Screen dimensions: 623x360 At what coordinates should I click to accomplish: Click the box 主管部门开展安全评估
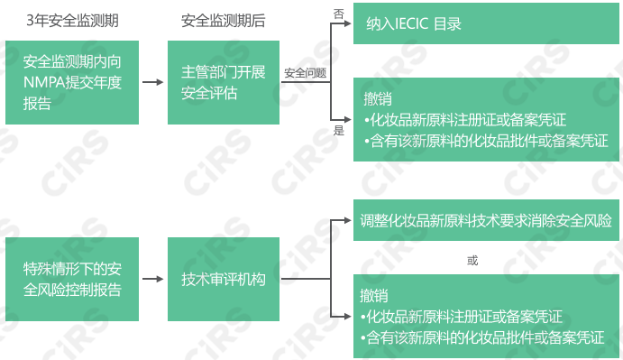pos(223,82)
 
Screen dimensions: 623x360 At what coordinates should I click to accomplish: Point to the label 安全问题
pos(305,72)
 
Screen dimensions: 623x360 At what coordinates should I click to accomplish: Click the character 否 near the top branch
pos(339,13)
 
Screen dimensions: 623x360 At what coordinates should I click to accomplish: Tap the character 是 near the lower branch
pos(339,130)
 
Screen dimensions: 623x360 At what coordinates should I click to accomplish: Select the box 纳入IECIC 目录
pos(487,24)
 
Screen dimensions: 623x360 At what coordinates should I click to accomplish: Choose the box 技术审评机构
pos(223,279)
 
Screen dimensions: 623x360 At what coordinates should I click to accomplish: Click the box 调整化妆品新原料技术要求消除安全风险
pos(487,221)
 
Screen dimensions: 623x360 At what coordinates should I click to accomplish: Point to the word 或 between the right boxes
pos(472,261)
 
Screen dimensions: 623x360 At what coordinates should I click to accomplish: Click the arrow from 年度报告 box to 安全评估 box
pos(153,82)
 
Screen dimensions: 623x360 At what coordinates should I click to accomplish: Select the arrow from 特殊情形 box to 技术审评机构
pos(153,279)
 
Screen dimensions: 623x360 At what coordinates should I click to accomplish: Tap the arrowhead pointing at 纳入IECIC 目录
pos(347,24)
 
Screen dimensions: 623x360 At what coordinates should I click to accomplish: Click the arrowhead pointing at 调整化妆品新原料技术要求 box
pos(347,221)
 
